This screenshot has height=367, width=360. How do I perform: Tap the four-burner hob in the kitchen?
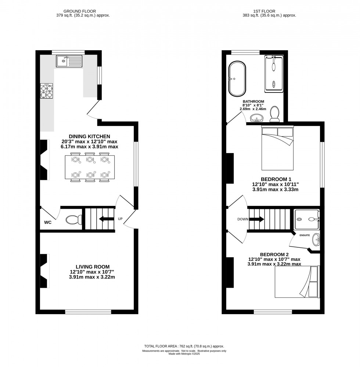coord(46,91)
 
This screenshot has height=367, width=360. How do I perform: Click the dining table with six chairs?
coord(90,167)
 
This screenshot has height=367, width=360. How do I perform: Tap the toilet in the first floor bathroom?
coord(275,114)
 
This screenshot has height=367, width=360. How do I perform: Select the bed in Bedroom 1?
coord(277,148)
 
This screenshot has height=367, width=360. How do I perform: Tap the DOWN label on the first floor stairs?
coord(243,219)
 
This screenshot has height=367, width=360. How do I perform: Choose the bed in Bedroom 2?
coord(297,282)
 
